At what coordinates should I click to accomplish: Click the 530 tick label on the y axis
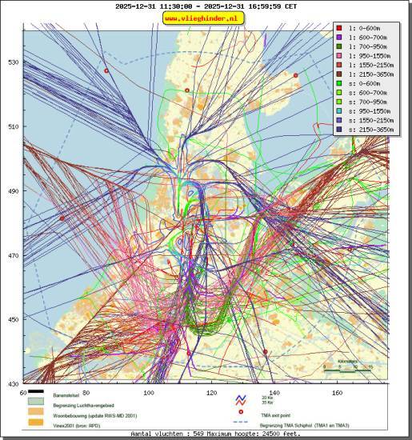coord(14,62)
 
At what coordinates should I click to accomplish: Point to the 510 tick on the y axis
coord(14,126)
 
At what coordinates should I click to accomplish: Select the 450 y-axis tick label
coord(14,319)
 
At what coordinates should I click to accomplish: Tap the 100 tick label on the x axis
coord(149,393)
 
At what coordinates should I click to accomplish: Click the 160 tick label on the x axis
coord(338,393)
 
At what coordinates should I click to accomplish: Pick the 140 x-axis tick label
coord(274,393)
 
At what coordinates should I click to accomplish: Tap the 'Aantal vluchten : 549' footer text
coord(169,434)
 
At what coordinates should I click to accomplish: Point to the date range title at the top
coord(206,6)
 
